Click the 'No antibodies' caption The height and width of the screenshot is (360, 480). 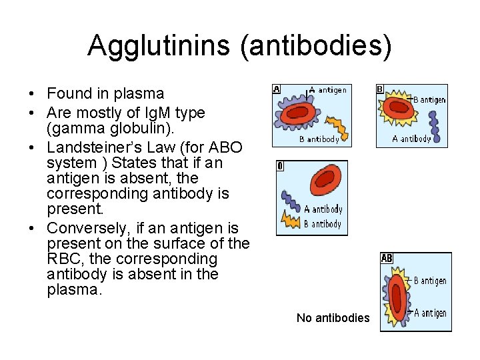point(333,318)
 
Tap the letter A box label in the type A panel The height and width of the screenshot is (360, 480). point(277,89)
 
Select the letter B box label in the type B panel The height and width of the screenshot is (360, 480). point(380,89)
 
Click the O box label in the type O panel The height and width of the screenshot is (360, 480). point(280,165)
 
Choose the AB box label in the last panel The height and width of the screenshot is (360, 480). point(387,258)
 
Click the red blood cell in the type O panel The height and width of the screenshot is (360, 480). point(323,179)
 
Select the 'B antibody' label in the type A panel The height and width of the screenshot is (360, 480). point(319,139)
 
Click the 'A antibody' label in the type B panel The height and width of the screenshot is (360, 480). point(411,139)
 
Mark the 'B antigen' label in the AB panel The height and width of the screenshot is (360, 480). point(430,281)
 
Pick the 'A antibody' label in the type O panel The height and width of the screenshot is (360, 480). point(323,209)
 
